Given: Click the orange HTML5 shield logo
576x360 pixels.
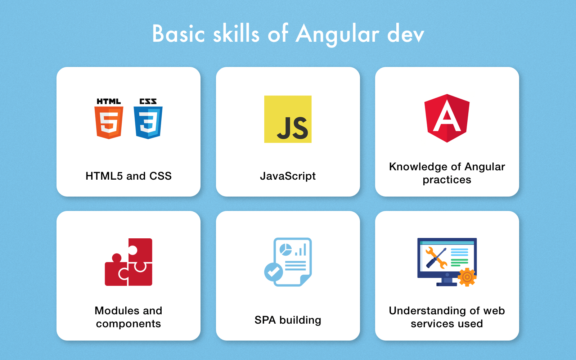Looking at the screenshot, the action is tap(109, 123).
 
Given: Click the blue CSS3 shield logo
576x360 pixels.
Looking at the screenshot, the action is tap(148, 123).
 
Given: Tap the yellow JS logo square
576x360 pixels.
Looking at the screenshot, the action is tap(288, 119).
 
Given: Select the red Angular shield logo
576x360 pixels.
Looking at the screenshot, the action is tap(447, 118).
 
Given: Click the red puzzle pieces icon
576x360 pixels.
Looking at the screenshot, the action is tap(128, 262).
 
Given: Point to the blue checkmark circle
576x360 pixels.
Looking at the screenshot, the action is tap(273, 272).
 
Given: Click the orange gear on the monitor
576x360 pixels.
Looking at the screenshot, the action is tap(467, 277).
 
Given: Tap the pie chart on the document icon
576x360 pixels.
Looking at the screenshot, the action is tap(285, 249).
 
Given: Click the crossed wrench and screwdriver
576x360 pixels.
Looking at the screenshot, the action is tap(436, 258).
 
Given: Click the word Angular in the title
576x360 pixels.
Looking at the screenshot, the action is tap(337, 35).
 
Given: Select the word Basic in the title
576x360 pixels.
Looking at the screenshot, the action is tap(179, 34).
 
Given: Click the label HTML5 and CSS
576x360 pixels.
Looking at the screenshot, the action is tap(129, 176).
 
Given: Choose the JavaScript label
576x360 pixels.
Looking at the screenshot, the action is tap(288, 176).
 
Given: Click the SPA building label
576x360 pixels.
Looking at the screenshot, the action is tap(288, 320).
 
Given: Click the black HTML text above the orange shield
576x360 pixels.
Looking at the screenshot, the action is tap(109, 101).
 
